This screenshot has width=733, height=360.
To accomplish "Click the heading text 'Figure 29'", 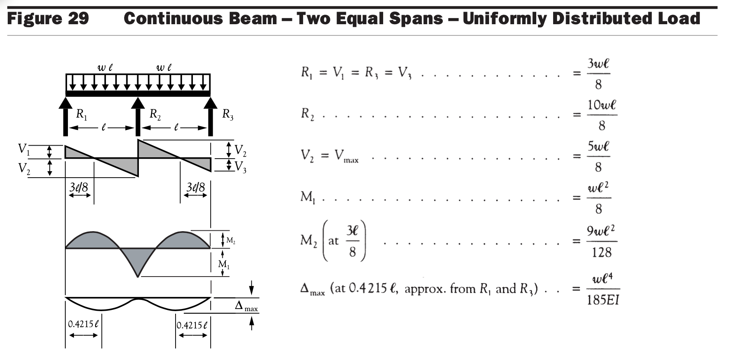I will click(48, 19).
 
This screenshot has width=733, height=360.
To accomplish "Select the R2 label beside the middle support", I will click(155, 114).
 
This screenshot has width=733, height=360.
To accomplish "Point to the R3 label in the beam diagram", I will click(228, 115).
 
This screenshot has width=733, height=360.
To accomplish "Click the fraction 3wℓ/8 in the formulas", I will click(599, 74).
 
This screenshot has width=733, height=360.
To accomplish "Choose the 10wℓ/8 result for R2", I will click(602, 115).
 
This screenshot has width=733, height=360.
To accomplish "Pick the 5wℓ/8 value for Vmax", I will click(599, 156).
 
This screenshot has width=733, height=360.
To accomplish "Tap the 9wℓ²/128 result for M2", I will click(602, 241).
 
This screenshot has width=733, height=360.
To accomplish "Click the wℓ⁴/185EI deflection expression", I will click(603, 289).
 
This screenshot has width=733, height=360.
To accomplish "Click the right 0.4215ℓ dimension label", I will click(192, 325).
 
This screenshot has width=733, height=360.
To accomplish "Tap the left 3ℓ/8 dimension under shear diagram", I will click(79, 188).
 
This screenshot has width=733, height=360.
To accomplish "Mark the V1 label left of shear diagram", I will click(24, 150).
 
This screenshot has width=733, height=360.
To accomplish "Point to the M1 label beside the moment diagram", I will click(224, 264).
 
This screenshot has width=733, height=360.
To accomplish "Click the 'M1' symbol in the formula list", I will click(308, 198).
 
